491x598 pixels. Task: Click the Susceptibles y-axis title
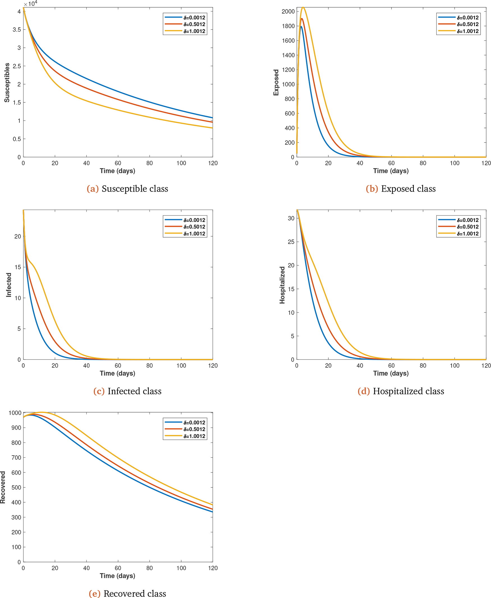click(x=7, y=82)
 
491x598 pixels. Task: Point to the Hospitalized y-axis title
click(x=282, y=285)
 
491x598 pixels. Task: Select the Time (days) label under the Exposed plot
click(x=391, y=171)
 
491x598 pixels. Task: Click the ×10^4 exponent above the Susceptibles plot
click(x=31, y=4)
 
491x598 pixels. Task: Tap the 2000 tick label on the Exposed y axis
click(x=288, y=11)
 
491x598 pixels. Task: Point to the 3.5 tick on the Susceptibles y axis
click(x=17, y=30)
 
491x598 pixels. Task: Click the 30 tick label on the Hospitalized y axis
click(x=291, y=218)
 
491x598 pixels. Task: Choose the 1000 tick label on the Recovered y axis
click(x=15, y=413)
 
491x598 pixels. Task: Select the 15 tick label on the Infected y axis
click(x=18, y=267)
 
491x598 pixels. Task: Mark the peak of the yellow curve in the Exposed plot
click(x=303, y=7)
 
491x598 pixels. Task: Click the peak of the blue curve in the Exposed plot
click(x=301, y=27)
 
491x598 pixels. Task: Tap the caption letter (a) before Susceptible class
click(x=93, y=189)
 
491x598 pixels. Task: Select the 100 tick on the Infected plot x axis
click(x=181, y=365)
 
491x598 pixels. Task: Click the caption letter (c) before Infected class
click(x=99, y=391)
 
